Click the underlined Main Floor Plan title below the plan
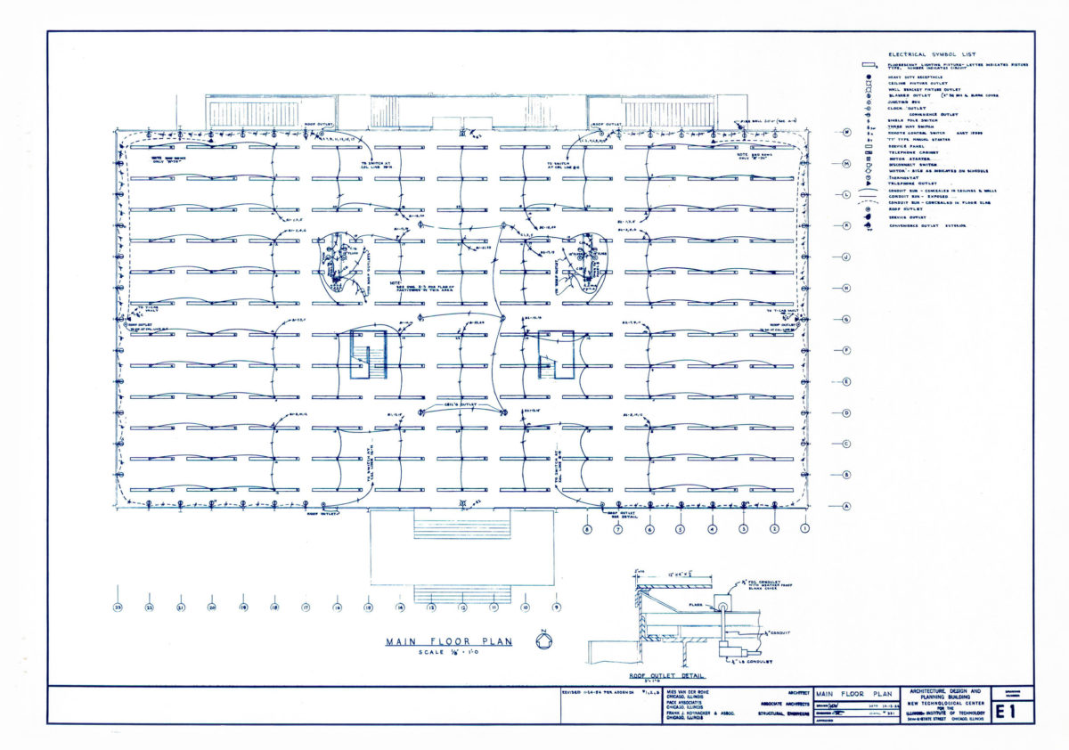click(449, 641)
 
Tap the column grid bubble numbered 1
click(805, 529)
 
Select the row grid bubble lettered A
click(846, 506)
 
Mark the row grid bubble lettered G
click(846, 319)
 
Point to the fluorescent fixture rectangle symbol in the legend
click(866, 65)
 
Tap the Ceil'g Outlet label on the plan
click(461, 405)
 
